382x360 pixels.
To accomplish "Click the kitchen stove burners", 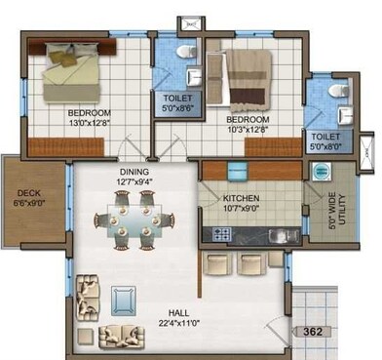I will click(x=220, y=234).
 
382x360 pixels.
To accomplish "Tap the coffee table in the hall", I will click(x=125, y=296).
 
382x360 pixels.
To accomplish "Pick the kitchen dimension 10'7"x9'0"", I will click(x=244, y=207).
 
